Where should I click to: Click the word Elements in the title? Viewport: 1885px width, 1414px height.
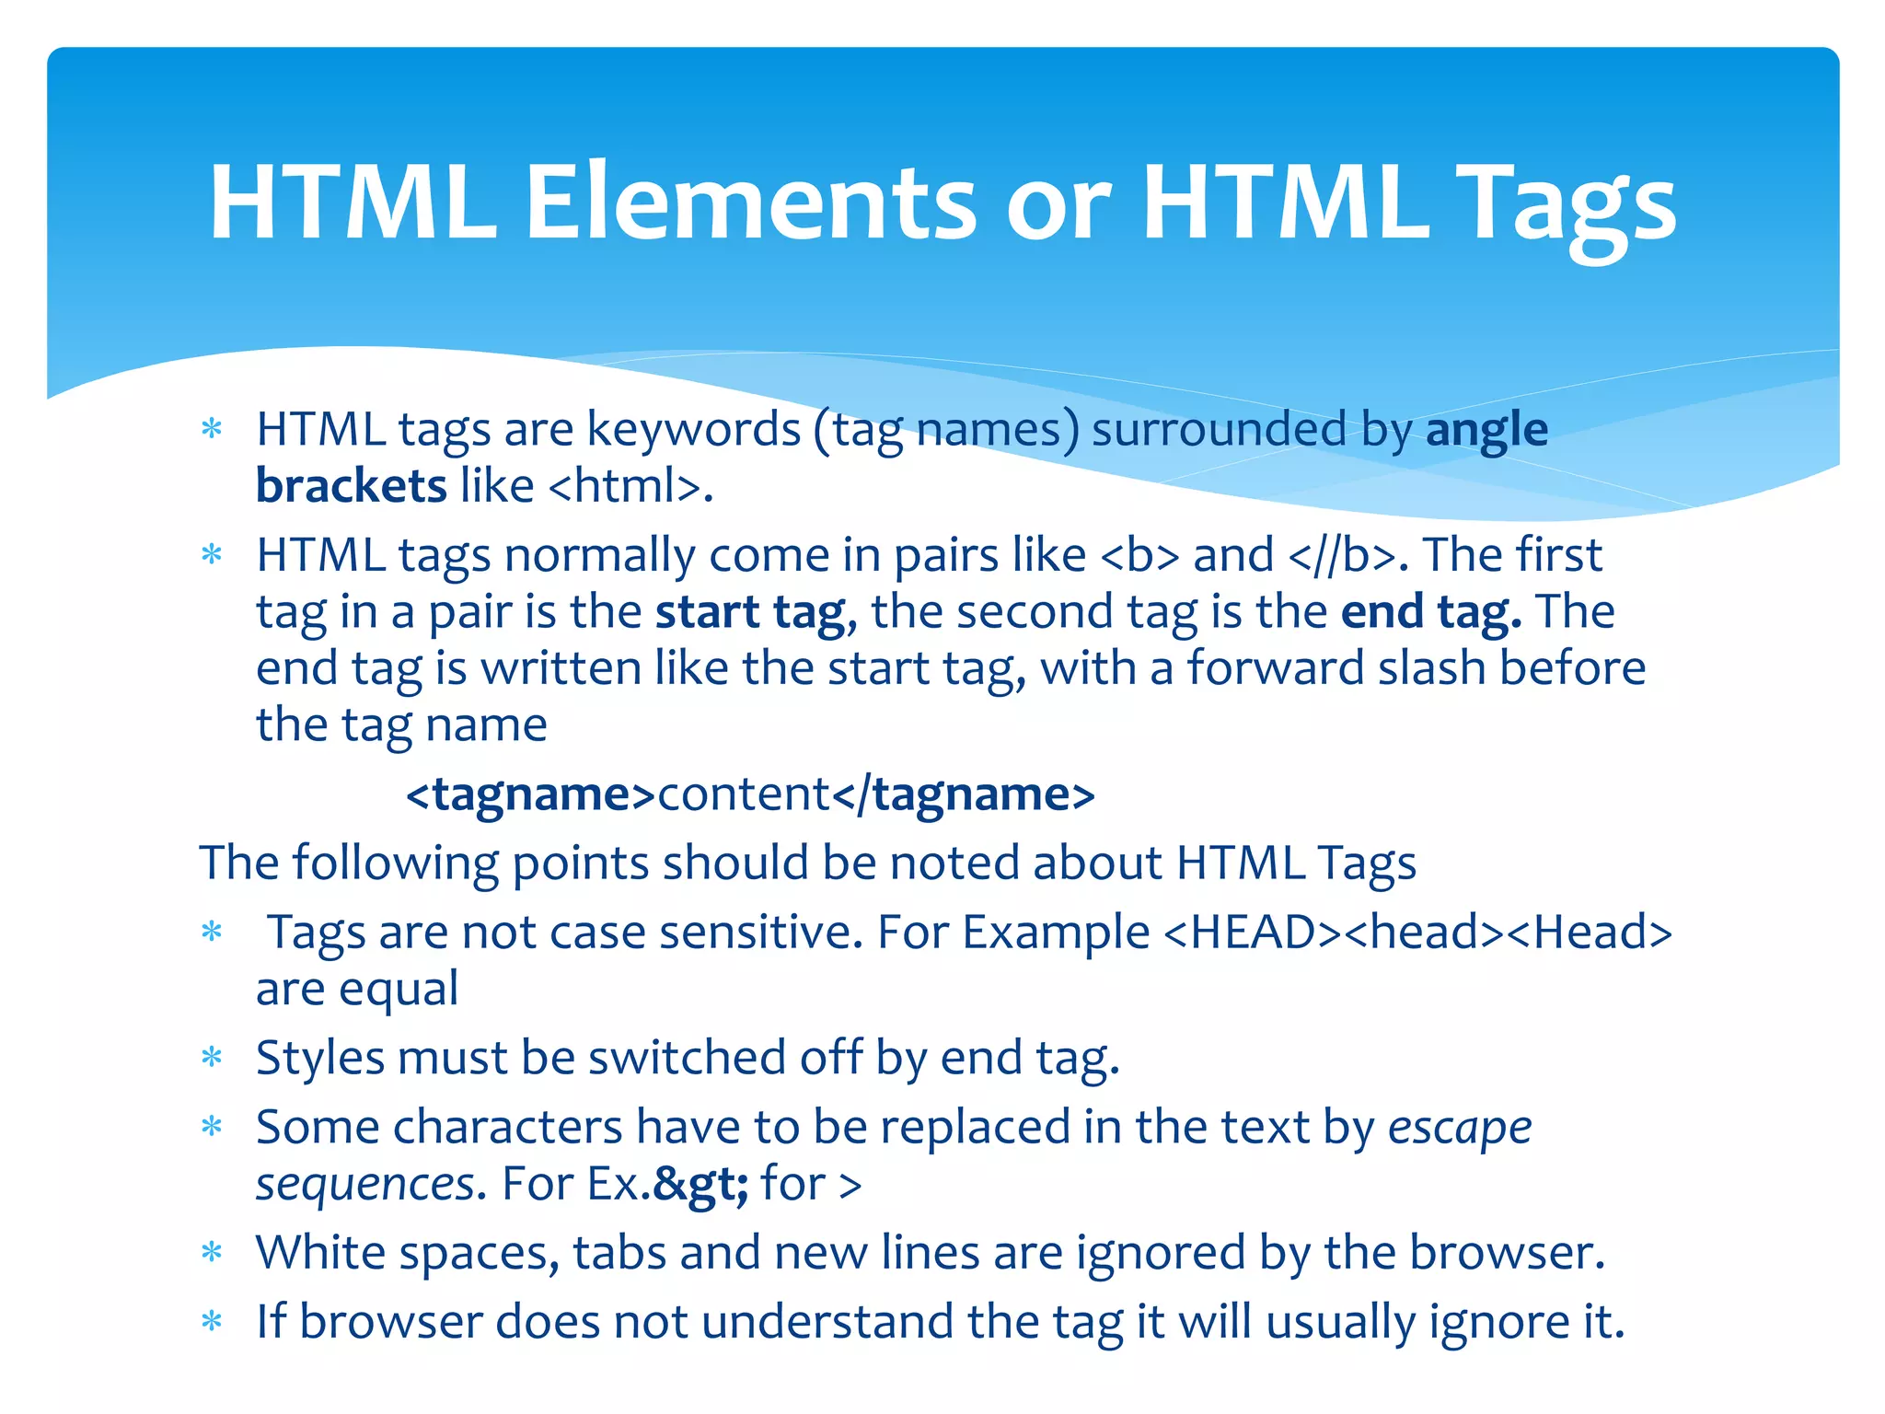(x=750, y=203)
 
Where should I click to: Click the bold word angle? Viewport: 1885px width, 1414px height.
(x=1486, y=430)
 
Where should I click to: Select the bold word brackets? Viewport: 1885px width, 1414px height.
(x=351, y=486)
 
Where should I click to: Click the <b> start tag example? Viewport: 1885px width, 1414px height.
(x=1139, y=555)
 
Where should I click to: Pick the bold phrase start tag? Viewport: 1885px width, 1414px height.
(x=756, y=612)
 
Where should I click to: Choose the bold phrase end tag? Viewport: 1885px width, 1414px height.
(x=1430, y=612)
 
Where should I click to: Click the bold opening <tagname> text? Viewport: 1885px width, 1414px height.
(x=531, y=794)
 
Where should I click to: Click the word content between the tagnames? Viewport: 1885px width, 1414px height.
(x=744, y=794)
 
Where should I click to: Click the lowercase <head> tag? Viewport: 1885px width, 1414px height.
(x=1425, y=932)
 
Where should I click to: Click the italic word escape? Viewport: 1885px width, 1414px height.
(x=1460, y=1128)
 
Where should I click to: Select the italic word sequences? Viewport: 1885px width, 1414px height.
(x=365, y=1184)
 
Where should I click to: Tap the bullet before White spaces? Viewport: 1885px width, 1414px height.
(x=212, y=1254)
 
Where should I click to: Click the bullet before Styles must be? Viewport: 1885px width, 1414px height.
(x=212, y=1059)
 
